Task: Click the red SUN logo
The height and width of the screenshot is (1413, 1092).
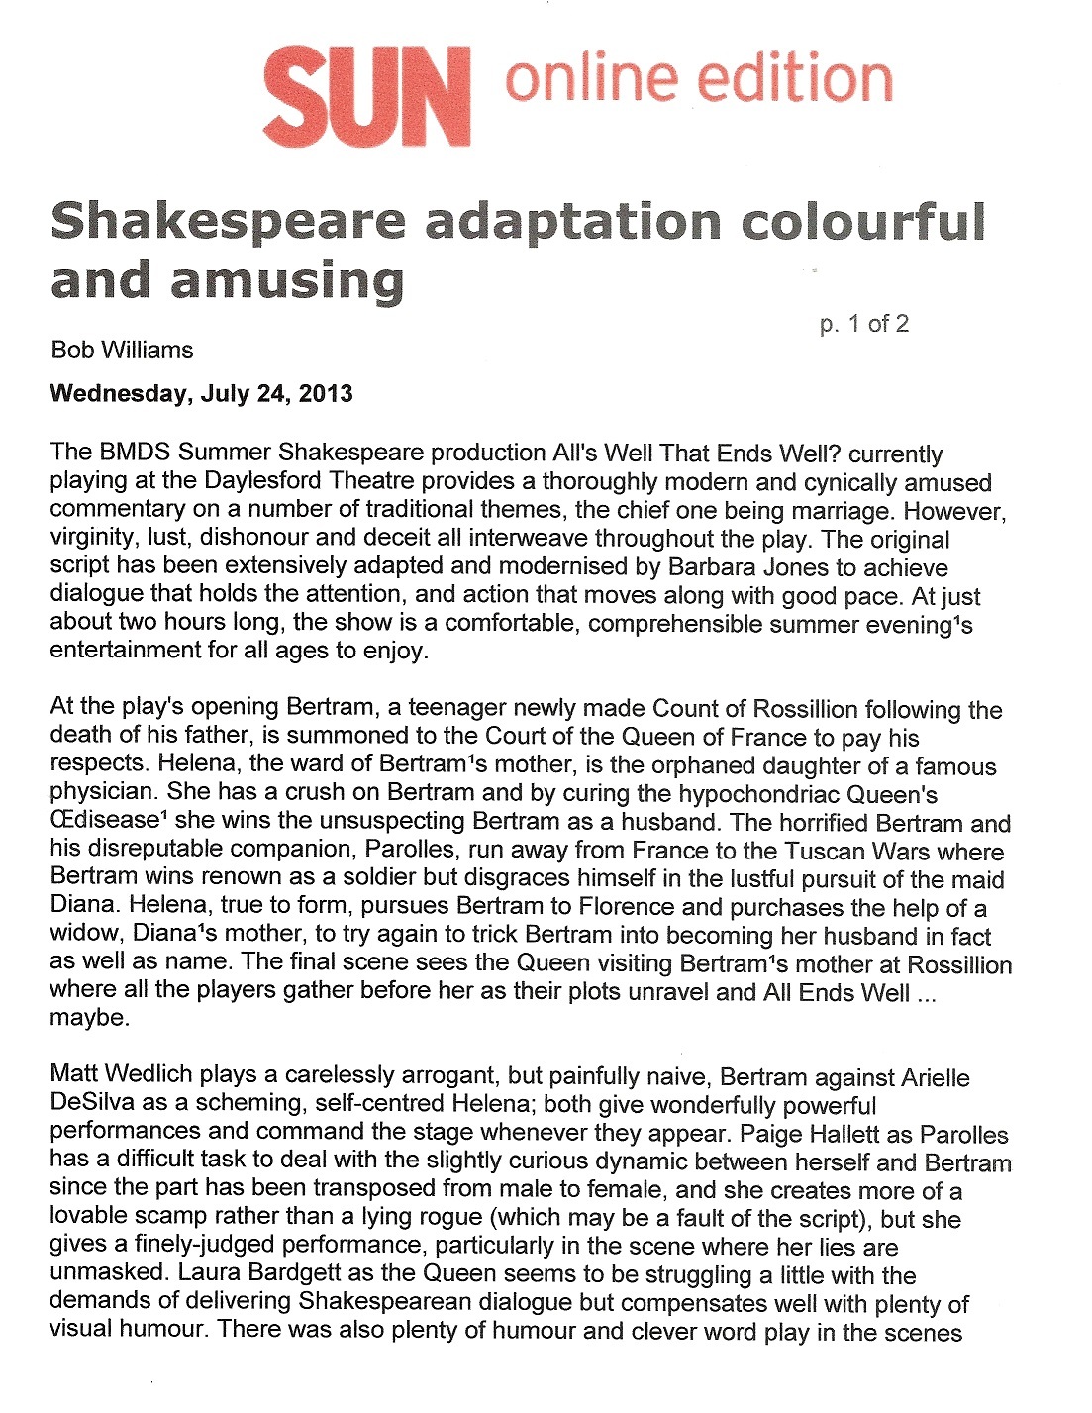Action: pyautogui.click(x=366, y=97)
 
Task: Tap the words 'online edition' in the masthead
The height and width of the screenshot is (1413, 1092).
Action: pyautogui.click(x=698, y=79)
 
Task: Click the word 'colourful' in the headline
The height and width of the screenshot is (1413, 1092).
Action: pyautogui.click(x=863, y=221)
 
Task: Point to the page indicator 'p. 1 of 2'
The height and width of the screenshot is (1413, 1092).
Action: pyautogui.click(x=863, y=324)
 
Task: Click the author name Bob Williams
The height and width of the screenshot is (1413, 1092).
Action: pyautogui.click(x=122, y=350)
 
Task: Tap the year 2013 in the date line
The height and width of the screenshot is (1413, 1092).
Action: pyautogui.click(x=326, y=393)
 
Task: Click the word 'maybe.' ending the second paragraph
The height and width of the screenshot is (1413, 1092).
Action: pyautogui.click(x=89, y=1018)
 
